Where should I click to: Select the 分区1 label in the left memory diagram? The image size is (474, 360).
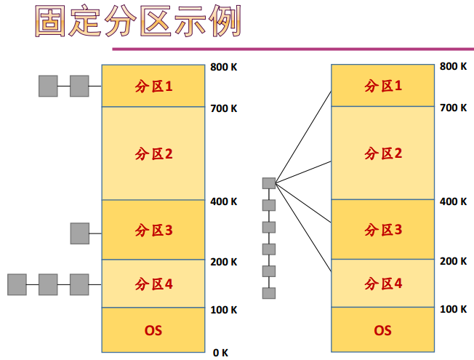click(x=153, y=87)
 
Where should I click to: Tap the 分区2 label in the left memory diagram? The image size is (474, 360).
click(x=153, y=153)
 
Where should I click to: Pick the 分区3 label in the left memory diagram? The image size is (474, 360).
click(x=153, y=231)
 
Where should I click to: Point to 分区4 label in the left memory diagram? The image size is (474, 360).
click(x=153, y=284)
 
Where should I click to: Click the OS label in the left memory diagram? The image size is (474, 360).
click(x=153, y=331)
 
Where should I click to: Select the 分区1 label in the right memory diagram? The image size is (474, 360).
click(x=383, y=86)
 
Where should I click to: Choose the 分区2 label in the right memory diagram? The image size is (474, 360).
click(x=383, y=153)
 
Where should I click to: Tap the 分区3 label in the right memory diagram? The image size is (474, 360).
click(x=383, y=231)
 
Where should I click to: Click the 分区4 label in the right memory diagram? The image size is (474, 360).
click(x=383, y=284)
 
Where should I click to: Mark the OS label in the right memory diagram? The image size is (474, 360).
click(x=383, y=331)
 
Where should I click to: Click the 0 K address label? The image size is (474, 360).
click(x=220, y=353)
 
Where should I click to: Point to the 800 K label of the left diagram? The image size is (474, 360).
click(x=224, y=67)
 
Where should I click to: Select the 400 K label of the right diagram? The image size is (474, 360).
click(x=454, y=201)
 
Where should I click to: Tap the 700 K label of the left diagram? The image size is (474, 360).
click(x=224, y=109)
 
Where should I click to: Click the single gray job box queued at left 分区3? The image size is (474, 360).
click(x=79, y=233)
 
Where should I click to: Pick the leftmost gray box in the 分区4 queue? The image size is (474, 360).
click(x=17, y=284)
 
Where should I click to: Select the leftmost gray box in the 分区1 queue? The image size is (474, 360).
click(x=48, y=86)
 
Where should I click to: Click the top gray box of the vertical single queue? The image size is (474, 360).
click(x=269, y=183)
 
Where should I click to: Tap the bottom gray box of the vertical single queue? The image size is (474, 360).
click(x=269, y=293)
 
